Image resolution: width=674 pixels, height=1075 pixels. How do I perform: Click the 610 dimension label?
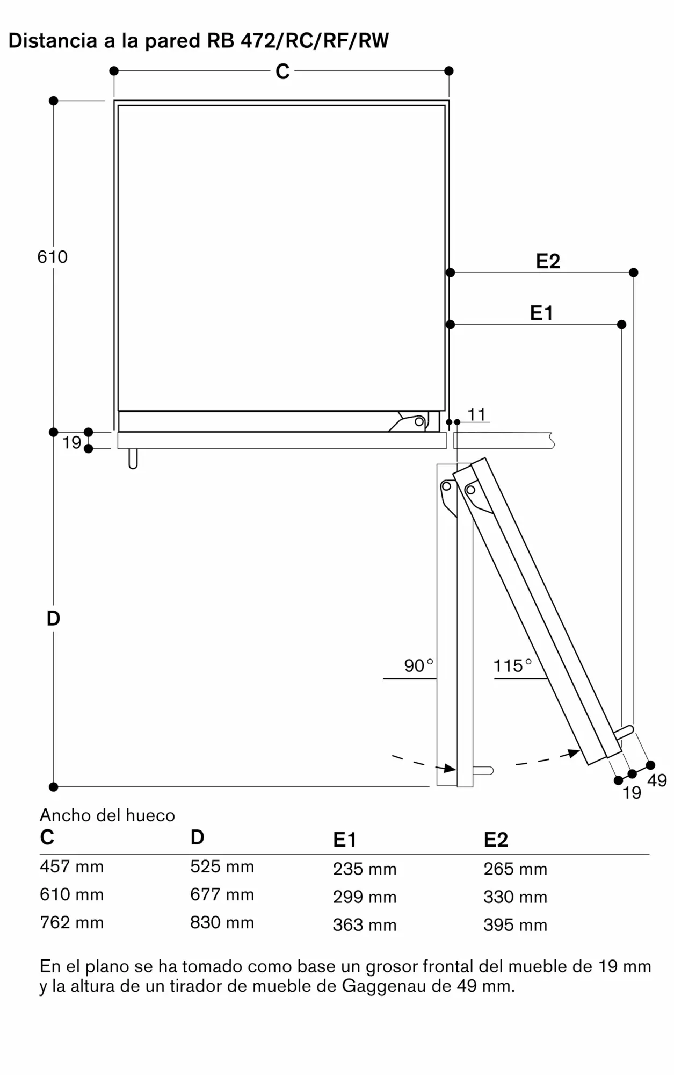[53, 257]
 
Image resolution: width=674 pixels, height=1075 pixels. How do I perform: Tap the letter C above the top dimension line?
[282, 71]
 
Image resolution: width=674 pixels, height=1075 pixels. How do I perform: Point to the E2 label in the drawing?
[548, 261]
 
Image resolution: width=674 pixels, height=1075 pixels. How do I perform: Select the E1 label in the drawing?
[541, 313]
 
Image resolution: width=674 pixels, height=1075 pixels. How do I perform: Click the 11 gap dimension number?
[476, 414]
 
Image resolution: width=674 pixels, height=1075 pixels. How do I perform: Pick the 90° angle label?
[418, 665]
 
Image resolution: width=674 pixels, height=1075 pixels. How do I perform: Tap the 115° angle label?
[512, 665]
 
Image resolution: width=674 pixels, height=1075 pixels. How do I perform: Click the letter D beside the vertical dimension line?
[53, 619]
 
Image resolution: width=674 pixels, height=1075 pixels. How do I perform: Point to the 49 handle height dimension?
[657, 780]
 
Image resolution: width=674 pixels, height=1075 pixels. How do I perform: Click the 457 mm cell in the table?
[71, 866]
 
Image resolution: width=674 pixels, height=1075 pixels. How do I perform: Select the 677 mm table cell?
[222, 894]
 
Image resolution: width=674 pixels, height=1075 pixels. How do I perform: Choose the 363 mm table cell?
[365, 924]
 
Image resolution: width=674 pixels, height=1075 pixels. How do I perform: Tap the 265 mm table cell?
[515, 869]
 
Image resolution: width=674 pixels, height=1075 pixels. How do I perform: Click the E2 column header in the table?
[496, 840]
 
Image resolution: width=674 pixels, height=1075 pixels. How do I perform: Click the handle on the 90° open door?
[483, 771]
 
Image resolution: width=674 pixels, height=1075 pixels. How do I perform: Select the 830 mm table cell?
[222, 922]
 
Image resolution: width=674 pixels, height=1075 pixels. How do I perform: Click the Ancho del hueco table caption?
[107, 815]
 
